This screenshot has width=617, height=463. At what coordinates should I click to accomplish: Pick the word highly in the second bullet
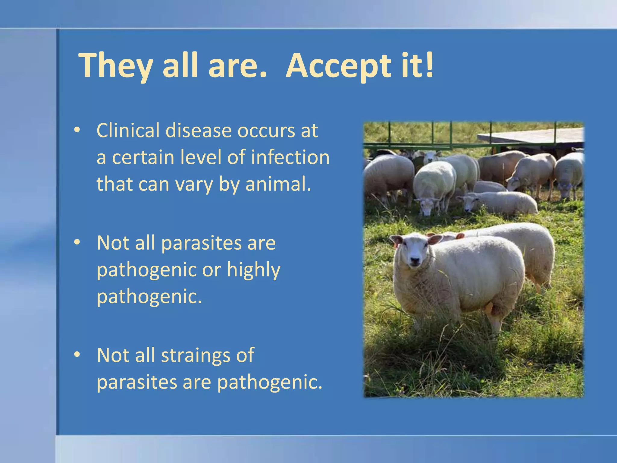point(254,270)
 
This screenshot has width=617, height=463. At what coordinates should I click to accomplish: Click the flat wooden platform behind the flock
point(530,136)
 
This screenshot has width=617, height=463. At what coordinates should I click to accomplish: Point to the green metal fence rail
point(407,146)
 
